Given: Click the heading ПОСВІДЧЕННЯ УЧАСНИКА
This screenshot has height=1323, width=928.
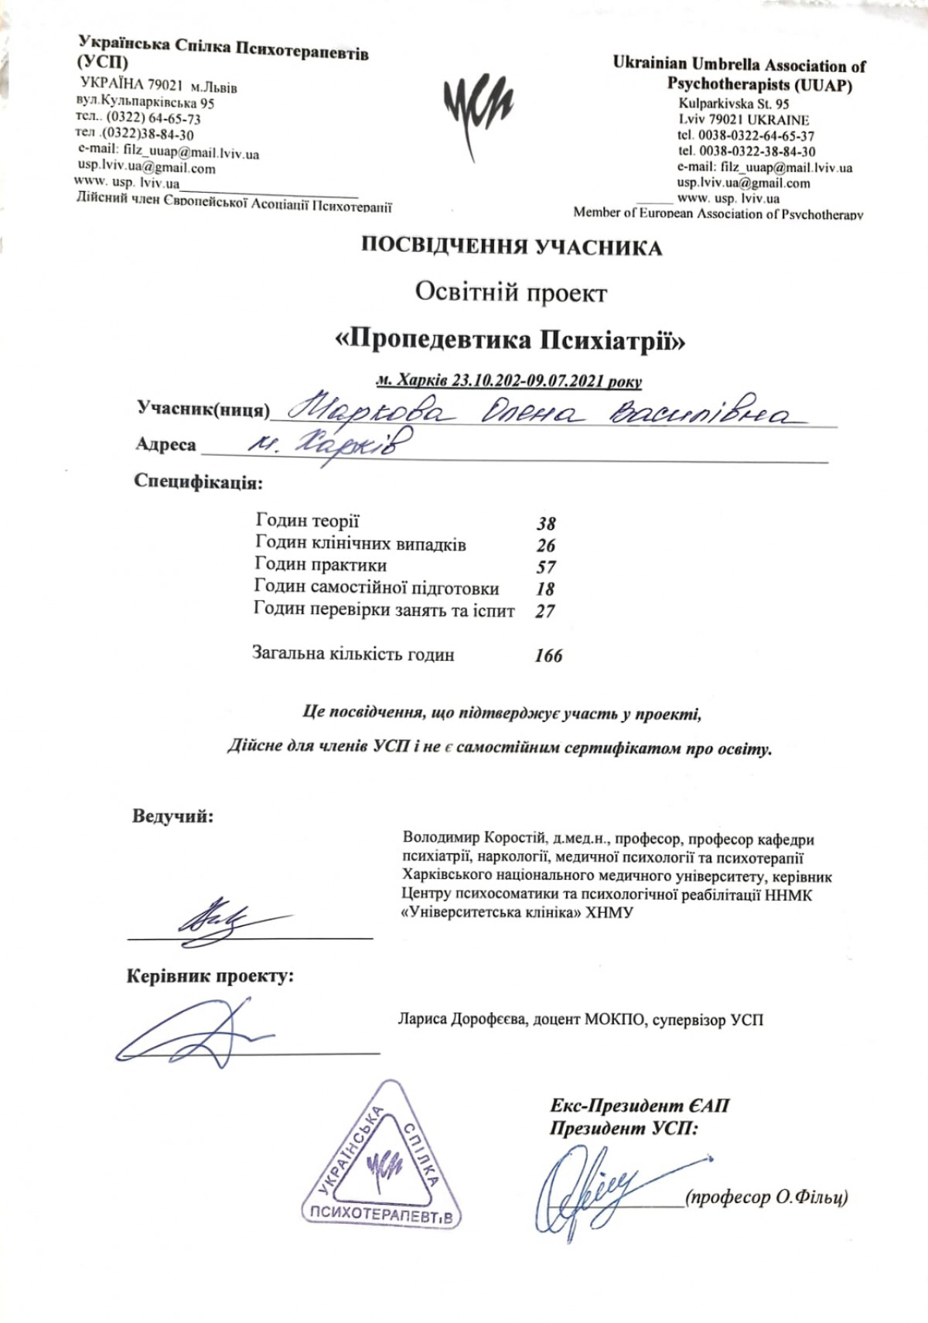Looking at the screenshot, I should tap(512, 248).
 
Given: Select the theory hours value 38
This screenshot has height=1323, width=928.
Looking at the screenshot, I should tap(546, 524).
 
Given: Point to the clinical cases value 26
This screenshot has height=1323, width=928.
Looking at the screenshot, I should tap(546, 545).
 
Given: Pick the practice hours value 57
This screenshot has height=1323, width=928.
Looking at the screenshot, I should tap(546, 567).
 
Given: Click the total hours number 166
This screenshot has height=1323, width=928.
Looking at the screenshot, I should tap(548, 656).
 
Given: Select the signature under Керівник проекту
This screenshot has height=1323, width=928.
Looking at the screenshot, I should tap(193, 1033).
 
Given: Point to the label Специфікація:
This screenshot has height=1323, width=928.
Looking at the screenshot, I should tap(198, 483).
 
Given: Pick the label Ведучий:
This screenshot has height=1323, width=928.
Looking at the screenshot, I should tap(172, 816).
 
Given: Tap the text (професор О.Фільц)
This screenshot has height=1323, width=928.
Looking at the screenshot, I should tap(766, 1198).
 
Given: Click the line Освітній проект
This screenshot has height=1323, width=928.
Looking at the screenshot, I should tap(511, 292).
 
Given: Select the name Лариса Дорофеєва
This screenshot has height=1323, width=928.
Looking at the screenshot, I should tap(462, 1020).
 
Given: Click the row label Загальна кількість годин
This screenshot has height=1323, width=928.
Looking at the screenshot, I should tap(353, 654).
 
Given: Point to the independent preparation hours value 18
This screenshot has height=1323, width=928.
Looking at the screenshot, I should tap(546, 589).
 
